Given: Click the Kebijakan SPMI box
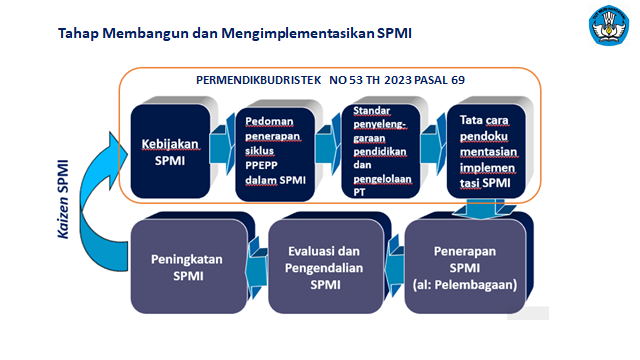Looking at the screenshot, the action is [170, 151].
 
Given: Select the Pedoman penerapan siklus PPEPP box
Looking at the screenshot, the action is [275, 154].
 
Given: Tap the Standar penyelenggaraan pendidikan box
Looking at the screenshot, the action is [381, 151].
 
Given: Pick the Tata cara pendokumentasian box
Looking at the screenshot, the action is [486, 151].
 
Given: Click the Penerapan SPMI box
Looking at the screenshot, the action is [465, 267].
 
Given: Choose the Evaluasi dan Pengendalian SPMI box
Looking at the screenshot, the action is [326, 267].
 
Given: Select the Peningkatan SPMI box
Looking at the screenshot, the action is [189, 267].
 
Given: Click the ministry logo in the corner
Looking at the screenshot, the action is [609, 25].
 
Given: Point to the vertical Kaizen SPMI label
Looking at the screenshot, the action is [63, 199].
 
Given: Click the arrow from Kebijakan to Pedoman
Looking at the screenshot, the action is [222, 144].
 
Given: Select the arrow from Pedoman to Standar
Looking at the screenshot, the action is [328, 144].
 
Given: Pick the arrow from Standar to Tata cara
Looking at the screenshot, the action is [433, 144].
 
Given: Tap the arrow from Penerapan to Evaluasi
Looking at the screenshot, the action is [394, 265].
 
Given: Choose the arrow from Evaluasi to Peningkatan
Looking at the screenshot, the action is [257, 267].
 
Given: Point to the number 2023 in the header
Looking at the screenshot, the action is [398, 80].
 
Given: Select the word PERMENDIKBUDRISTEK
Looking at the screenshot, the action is [258, 80].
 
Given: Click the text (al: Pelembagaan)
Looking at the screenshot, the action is [465, 284].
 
